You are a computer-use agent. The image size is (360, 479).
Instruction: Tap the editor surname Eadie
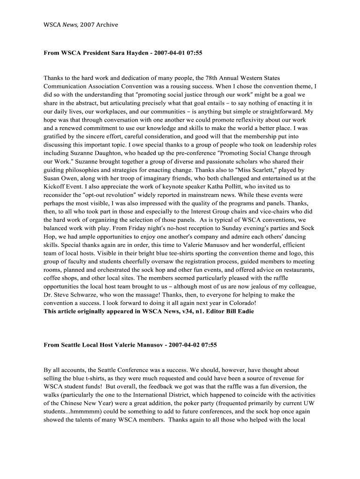coord(245,312)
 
